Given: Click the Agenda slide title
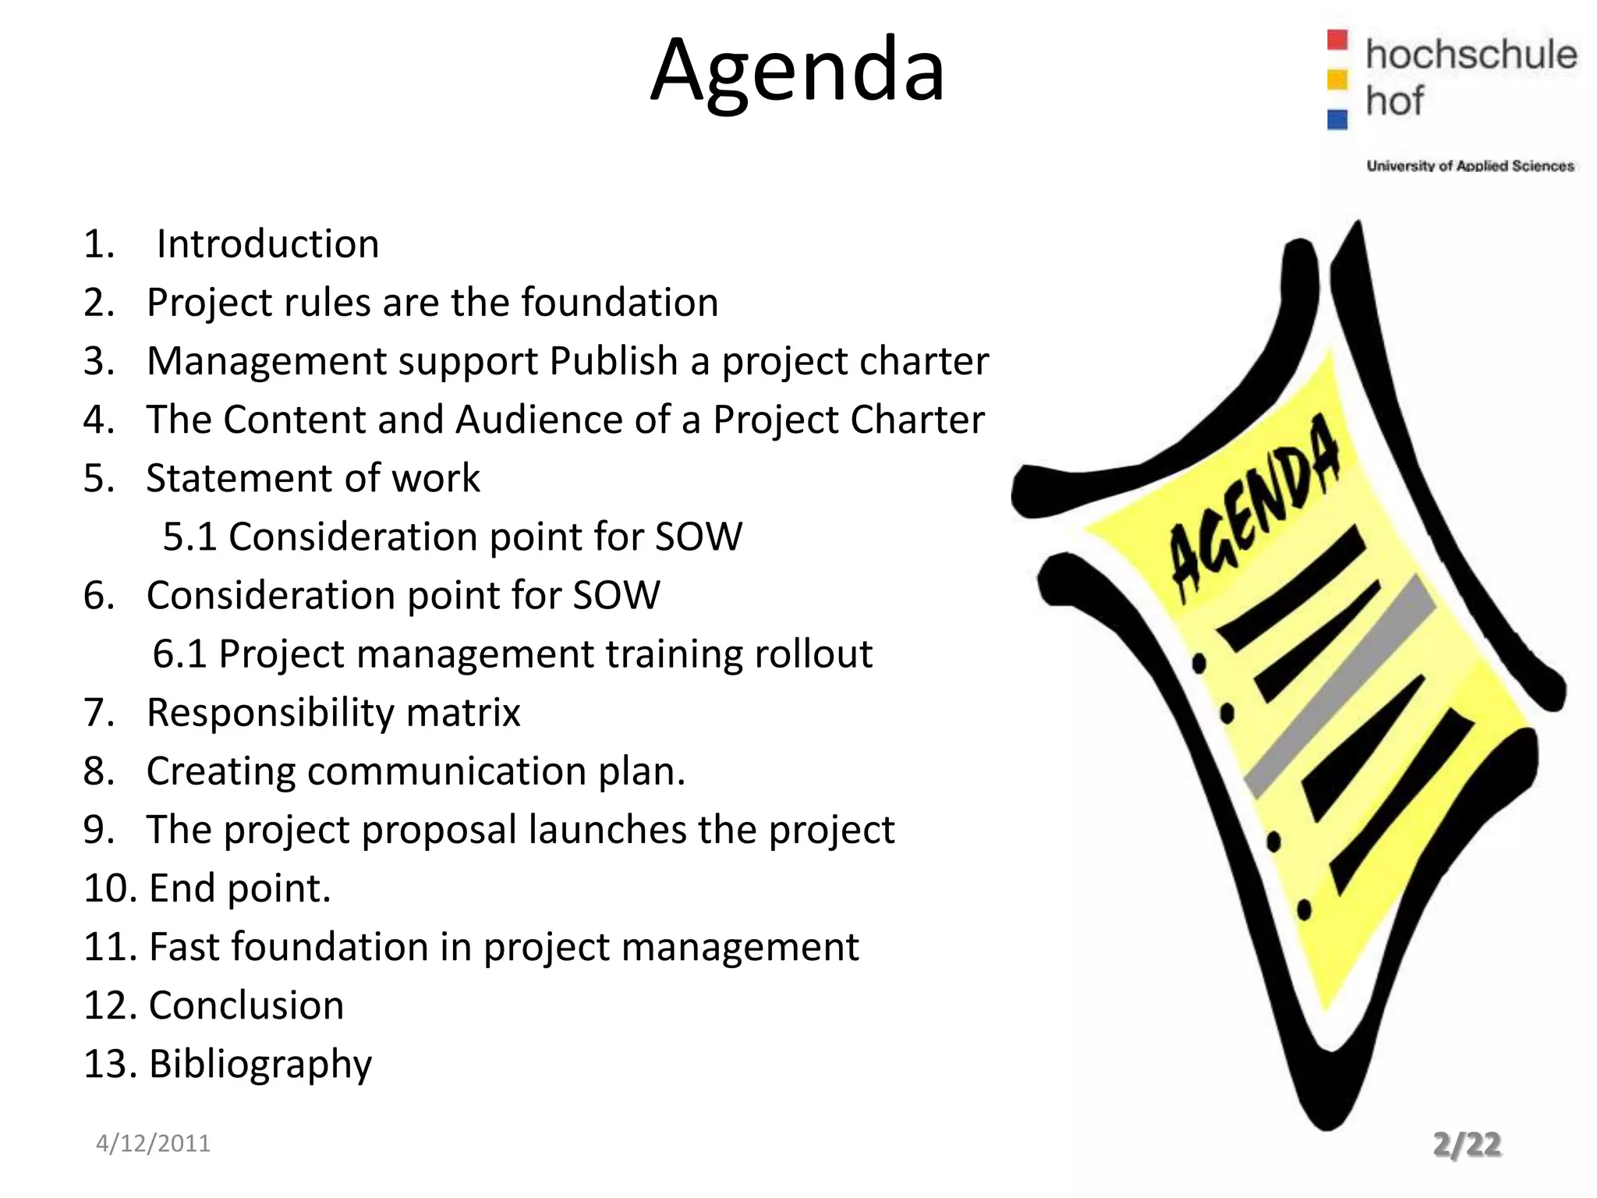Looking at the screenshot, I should pos(797,72).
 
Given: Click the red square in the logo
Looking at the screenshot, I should pos(1337,40).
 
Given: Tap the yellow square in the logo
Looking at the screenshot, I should pos(1337,80).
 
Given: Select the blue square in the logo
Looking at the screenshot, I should pos(1337,119).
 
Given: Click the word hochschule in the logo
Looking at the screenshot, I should pos(1471,55).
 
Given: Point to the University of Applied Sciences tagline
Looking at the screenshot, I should pos(1470,165).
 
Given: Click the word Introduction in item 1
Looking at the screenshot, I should pos(267,244).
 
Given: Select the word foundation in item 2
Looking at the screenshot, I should pos(620,303).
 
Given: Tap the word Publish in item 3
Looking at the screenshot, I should pos(614,361).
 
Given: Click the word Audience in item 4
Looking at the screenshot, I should pos(539,420).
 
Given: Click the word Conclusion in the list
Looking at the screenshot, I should pos(246,1005).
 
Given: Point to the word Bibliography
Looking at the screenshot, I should pos(260,1065).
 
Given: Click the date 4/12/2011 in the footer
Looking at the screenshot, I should pos(153,1143).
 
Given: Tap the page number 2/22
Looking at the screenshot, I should pos(1467,1144).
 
